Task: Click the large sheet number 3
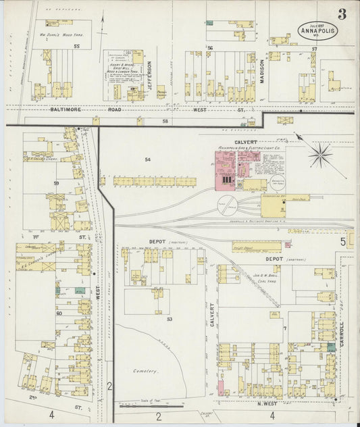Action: (343, 13)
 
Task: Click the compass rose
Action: (319, 155)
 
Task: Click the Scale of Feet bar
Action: (151, 406)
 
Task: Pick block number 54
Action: (148, 159)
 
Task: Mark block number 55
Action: (77, 46)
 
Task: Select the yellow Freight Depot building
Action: (257, 247)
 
